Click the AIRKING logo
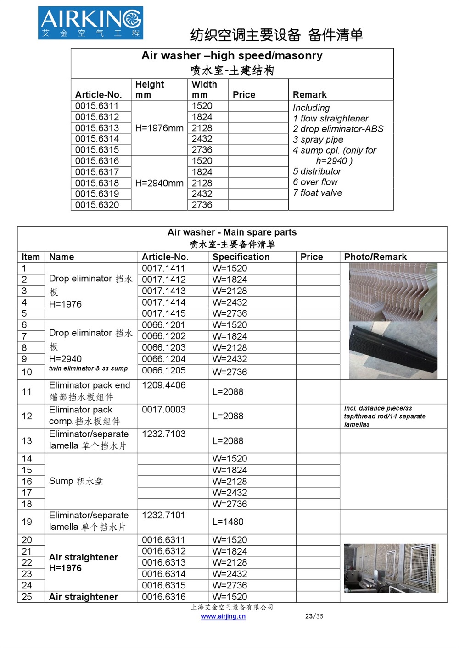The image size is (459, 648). [x=90, y=22]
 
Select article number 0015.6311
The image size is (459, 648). [x=97, y=106]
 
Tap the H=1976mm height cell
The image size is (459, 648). [x=159, y=128]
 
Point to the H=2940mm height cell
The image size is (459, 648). [x=159, y=183]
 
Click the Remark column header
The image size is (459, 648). [x=310, y=95]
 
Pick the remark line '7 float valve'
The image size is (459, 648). [x=318, y=193]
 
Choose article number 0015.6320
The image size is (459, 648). [x=97, y=205]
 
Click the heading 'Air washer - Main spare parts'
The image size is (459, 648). [x=232, y=232]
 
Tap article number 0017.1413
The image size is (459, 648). [x=163, y=291]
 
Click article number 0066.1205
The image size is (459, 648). [x=163, y=370]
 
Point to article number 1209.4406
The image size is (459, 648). [x=163, y=385]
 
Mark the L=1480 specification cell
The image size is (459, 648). [x=228, y=522]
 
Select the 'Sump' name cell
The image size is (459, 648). [x=76, y=481]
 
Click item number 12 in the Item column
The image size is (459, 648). [x=27, y=416]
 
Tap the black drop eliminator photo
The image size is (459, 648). [x=393, y=350]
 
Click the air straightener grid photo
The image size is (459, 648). [x=391, y=568]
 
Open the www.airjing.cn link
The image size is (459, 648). [x=223, y=616]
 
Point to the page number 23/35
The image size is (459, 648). [x=314, y=616]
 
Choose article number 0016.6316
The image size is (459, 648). [x=163, y=597]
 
